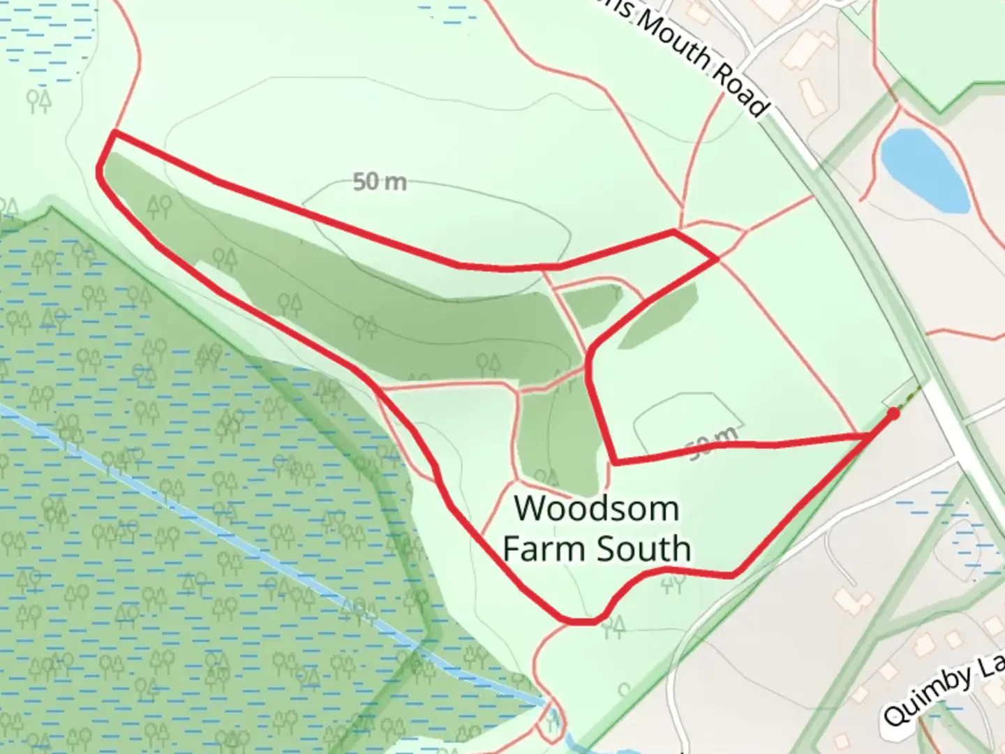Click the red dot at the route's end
893,413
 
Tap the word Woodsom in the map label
597,508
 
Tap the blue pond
923,170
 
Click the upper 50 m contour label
379,182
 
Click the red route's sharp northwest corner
114,131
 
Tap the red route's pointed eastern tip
717,259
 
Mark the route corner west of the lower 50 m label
615,461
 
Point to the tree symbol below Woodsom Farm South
673,583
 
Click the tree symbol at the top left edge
39,101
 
